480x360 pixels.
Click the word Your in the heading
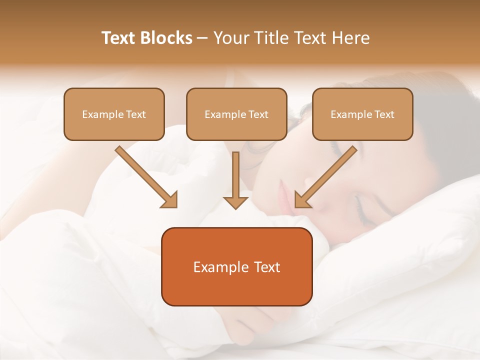pyautogui.click(x=229, y=38)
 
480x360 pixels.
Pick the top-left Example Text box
pyautogui.click(x=114, y=114)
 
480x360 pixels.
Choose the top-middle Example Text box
pyautogui.click(x=236, y=114)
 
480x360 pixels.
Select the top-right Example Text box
pyautogui.click(x=362, y=114)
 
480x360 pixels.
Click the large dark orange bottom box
pyautogui.click(x=236, y=266)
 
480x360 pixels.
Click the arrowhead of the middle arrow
pyautogui.click(x=235, y=202)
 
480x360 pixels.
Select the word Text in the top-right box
pyautogui.click(x=384, y=114)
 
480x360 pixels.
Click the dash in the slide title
pyautogui.click(x=202, y=38)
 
